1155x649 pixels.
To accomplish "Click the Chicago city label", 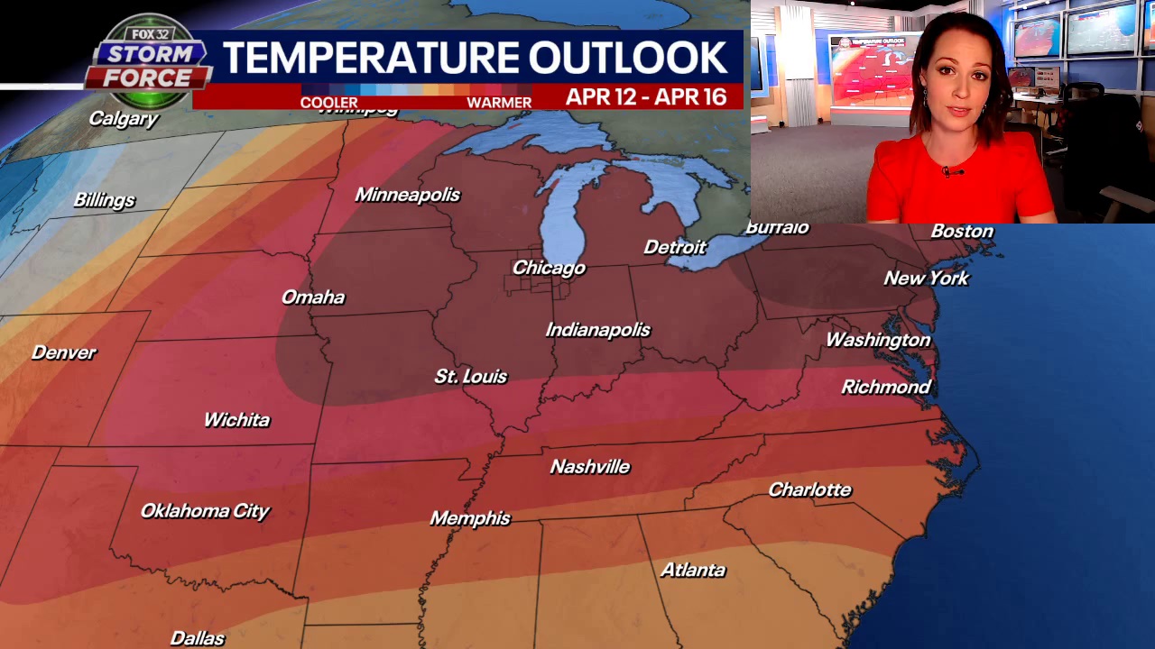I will [549, 268].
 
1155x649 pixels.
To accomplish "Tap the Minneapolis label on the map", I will [407, 195].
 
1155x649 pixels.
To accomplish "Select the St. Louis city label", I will [470, 376].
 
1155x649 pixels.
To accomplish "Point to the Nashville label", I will [589, 466].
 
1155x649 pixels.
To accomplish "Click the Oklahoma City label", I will [205, 511].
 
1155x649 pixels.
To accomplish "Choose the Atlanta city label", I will [692, 570].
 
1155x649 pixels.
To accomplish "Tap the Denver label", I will [63, 352].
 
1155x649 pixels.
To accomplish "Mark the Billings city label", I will [104, 200].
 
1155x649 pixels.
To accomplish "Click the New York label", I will [926, 278].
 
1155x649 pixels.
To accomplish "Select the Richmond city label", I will [885, 387].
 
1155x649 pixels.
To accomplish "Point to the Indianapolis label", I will [597, 330].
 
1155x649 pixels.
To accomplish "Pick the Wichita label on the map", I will [236, 419].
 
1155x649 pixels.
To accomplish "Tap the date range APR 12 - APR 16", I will [646, 97].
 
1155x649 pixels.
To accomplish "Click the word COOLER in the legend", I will [328, 103].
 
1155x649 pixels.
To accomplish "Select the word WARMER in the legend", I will [499, 103].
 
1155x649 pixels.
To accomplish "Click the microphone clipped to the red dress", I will [947, 170].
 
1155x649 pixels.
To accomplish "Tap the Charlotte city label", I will [809, 489].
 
